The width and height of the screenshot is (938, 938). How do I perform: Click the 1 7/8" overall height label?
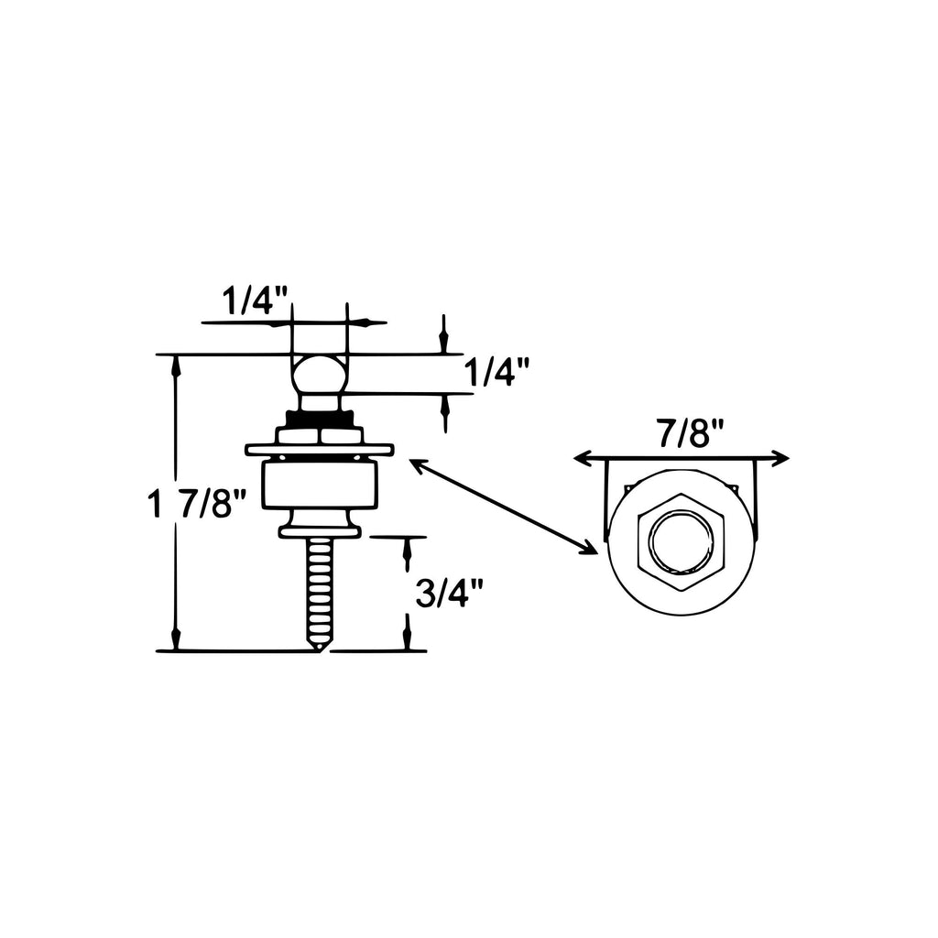(197, 503)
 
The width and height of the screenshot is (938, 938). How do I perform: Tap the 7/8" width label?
(691, 433)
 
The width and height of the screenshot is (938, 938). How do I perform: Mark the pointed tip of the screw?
(321, 650)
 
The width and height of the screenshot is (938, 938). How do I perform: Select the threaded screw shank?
(320, 589)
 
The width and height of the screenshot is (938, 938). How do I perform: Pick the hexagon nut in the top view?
(681, 542)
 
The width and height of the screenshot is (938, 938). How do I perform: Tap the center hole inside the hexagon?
(681, 542)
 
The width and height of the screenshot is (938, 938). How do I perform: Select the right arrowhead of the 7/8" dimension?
(780, 459)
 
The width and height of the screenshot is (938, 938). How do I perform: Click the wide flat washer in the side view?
(320, 448)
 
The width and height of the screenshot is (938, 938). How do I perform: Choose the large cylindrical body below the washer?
(320, 485)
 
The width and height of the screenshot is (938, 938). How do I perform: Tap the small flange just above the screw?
(320, 530)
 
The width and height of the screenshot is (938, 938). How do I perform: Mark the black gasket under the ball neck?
(319, 419)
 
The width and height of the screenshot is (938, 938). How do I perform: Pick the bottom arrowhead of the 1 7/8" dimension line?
(175, 638)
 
